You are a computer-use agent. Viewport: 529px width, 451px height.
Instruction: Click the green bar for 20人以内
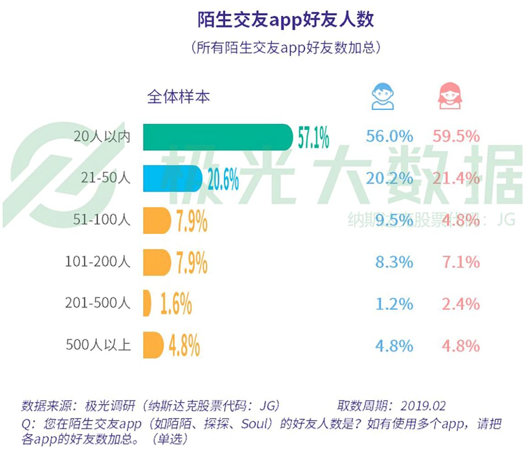(x=217, y=137)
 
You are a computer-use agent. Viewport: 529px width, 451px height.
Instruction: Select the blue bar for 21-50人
(x=173, y=179)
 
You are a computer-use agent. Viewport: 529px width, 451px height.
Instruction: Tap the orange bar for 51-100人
(x=157, y=220)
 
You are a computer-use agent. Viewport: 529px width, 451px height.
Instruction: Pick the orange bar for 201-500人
(x=147, y=303)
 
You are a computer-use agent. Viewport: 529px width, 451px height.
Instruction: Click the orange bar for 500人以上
(x=153, y=345)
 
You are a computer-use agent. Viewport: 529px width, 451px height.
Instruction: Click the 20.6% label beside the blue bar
(x=223, y=179)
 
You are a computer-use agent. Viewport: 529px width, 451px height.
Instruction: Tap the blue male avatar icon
(x=383, y=96)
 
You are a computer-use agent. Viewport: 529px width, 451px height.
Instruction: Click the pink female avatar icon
(x=450, y=96)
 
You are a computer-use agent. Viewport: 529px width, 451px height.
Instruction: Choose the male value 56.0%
(x=389, y=137)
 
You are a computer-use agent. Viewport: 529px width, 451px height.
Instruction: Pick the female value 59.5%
(x=455, y=137)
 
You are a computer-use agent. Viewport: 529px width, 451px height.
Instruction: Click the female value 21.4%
(x=455, y=179)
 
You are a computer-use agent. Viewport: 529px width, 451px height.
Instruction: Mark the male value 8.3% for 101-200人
(x=394, y=262)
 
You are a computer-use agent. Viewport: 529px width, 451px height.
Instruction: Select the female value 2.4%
(x=460, y=304)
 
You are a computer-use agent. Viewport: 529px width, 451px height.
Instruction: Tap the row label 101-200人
(x=98, y=262)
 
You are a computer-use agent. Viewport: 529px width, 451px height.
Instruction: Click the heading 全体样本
(x=178, y=97)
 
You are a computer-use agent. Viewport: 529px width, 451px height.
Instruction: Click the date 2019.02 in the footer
(x=423, y=405)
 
